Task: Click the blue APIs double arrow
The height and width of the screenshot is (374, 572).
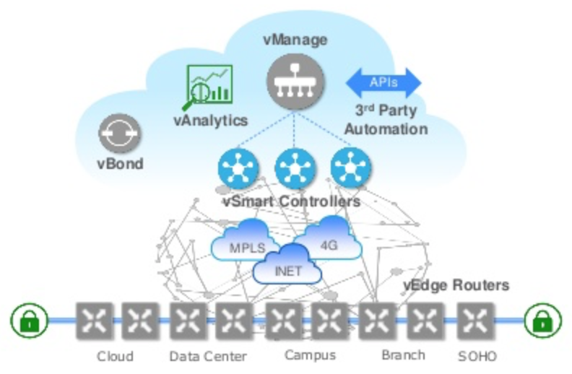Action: [x=383, y=82]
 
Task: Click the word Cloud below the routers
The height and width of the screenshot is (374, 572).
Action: [x=116, y=357]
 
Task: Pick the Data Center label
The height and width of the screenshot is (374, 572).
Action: [x=207, y=357]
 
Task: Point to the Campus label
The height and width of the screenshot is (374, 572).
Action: [x=310, y=355]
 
